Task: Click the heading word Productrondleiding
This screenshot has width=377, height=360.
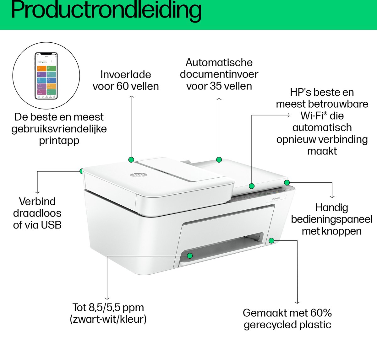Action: coord(106,10)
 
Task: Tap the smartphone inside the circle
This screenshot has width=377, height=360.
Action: coord(46,75)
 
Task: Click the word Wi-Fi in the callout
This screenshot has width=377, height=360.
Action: coord(312,116)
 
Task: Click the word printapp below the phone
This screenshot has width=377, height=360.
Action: coord(59,141)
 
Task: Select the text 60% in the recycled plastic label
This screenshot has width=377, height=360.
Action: coord(321,313)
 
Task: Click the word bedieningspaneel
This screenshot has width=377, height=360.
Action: coord(331,219)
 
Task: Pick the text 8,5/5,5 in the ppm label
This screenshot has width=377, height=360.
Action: coord(106,308)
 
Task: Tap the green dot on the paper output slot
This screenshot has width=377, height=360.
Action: coord(189,256)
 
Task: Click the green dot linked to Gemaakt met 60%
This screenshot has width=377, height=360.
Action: coord(272,240)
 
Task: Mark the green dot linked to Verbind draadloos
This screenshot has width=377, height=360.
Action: coord(82,171)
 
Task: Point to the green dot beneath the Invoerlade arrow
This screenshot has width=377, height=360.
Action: coord(131,160)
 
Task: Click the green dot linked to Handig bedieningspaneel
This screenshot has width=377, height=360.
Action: coord(287,182)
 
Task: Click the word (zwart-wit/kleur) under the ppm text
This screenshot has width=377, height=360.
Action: coord(108,320)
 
